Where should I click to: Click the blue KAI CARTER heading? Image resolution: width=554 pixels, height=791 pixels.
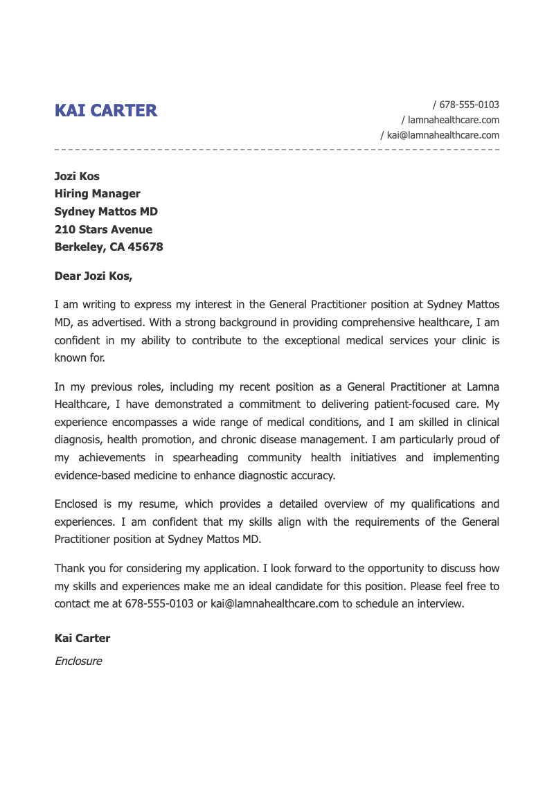coord(106,110)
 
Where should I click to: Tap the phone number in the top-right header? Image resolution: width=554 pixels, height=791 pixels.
coord(469,105)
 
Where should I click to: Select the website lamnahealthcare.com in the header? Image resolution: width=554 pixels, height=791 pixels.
coord(454,121)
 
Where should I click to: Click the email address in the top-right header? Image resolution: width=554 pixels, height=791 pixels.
coord(443,136)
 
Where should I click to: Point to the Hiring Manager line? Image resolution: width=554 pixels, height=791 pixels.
coord(97,194)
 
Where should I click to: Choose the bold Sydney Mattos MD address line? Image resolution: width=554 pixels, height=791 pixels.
coord(106,212)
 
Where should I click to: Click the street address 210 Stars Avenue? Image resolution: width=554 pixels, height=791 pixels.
coord(103,230)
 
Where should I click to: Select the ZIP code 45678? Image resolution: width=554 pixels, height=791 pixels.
coord(145,247)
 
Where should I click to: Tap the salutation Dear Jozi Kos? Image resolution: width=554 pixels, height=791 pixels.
coord(93,276)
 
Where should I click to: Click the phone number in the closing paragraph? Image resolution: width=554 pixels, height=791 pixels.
coord(159,604)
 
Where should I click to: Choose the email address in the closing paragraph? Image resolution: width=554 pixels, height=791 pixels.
coord(275,604)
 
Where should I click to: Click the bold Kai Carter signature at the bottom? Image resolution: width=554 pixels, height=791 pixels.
coord(82,639)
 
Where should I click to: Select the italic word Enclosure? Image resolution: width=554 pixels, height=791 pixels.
coord(78,661)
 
